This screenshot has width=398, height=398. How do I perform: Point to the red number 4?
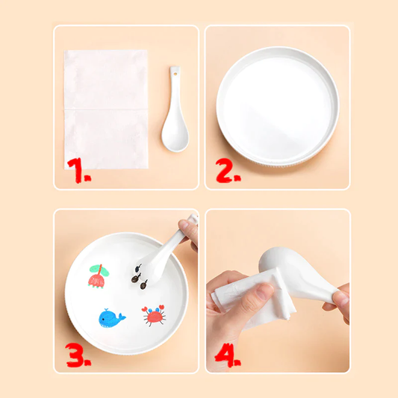[226, 355]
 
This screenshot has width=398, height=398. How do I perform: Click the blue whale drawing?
[111, 318]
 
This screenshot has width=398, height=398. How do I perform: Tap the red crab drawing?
[155, 316]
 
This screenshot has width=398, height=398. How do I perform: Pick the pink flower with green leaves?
[99, 276]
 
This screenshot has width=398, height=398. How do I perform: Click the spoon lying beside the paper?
[175, 109]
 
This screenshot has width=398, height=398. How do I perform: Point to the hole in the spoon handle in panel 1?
[175, 74]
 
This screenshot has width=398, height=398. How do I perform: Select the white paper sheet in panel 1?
[106, 110]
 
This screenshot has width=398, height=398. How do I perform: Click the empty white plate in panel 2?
[278, 106]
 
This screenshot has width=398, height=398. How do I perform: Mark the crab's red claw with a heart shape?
[145, 309]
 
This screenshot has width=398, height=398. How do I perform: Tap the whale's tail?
[122, 317]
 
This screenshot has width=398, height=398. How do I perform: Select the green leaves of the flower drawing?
[99, 270]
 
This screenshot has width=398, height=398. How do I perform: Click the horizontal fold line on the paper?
[106, 110]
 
